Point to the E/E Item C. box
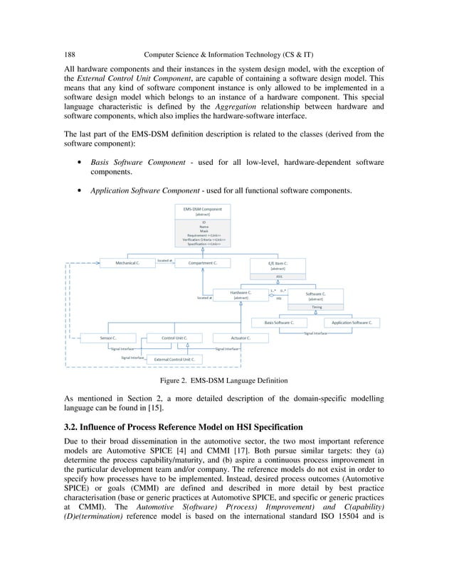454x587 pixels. point(278,266)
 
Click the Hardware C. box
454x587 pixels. point(240,294)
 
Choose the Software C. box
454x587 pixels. point(316,296)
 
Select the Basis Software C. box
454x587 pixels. point(283,322)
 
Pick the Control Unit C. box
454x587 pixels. point(174,338)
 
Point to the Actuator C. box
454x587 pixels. point(240,338)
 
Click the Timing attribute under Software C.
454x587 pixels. point(316,307)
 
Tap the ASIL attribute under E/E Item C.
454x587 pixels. point(278,276)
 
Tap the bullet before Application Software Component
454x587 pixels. point(80,190)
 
